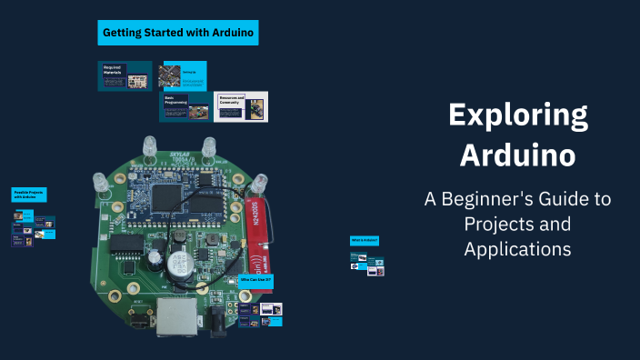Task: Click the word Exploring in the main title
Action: tap(517, 117)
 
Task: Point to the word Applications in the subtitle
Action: tap(517, 247)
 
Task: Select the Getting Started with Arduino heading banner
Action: tap(179, 33)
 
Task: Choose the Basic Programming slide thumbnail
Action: tap(185, 106)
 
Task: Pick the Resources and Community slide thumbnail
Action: tap(241, 106)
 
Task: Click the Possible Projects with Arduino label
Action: tap(29, 195)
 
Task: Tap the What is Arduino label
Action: tap(364, 240)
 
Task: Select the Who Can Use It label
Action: tap(256, 281)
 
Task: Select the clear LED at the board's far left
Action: tap(102, 185)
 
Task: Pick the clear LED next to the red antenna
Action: tap(261, 184)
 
